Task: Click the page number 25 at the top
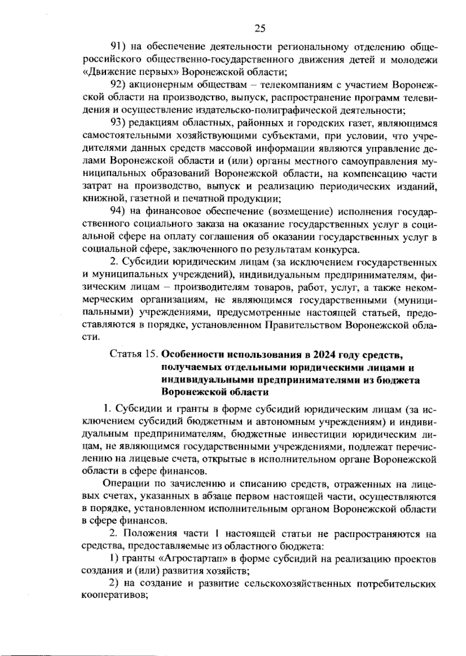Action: click(259, 28)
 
